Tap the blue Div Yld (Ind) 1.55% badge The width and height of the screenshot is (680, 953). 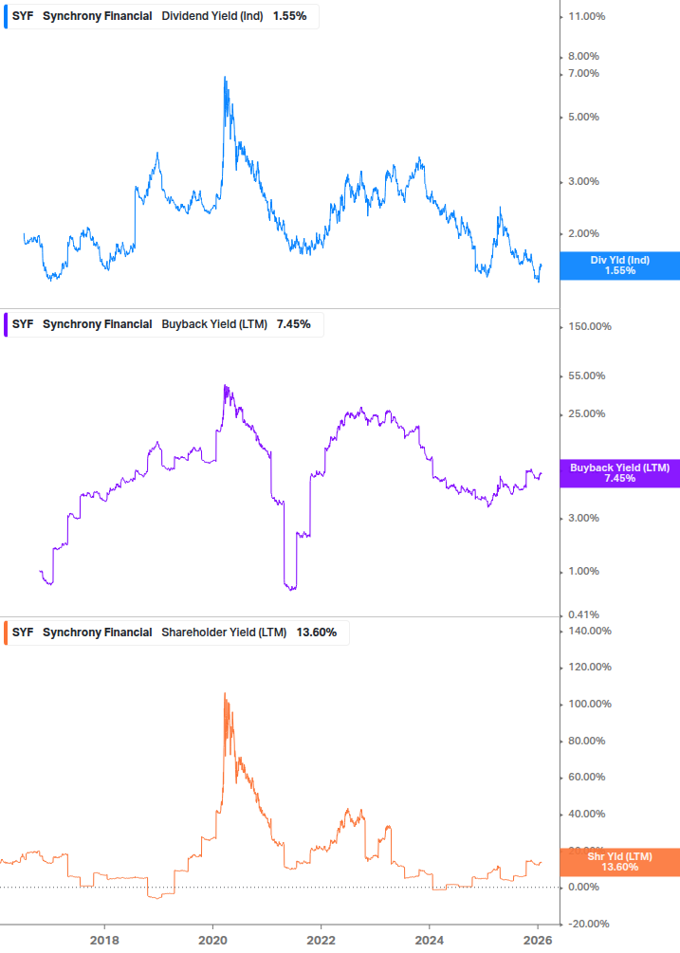click(619, 266)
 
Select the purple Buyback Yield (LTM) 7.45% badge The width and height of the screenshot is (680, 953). click(619, 473)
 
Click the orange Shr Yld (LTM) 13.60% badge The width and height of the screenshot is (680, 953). click(619, 862)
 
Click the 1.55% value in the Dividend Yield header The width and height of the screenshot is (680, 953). click(289, 17)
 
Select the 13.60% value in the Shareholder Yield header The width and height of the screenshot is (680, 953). click(317, 632)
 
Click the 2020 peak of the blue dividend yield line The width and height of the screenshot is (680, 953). click(225, 77)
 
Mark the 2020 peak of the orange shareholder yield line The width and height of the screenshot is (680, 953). click(225, 693)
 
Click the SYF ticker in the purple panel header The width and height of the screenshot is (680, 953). click(23, 324)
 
